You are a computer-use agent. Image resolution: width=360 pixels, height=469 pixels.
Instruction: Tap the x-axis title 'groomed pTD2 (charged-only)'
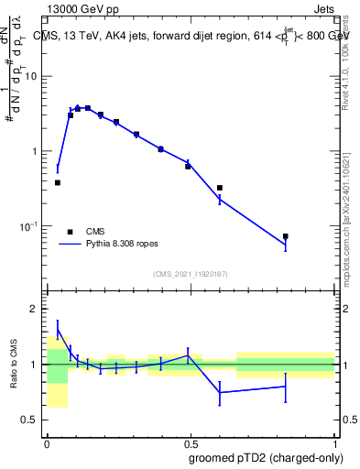point(267,458)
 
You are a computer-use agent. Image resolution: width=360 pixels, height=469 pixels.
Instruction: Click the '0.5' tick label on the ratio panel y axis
point(30,420)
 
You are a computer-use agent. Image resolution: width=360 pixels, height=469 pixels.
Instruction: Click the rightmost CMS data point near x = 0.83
point(286,236)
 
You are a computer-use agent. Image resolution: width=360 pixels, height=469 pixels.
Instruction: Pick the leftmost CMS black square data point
point(58,182)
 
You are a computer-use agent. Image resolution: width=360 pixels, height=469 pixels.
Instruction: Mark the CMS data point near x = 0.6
point(220,188)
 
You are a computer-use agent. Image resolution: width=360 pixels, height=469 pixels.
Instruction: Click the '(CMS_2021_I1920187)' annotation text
point(191,273)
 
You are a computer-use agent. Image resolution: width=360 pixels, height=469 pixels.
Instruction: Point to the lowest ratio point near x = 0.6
point(220,392)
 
